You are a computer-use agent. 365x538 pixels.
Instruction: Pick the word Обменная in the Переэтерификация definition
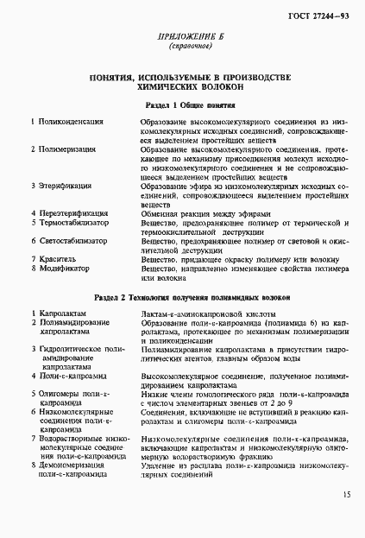tap(160, 212)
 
